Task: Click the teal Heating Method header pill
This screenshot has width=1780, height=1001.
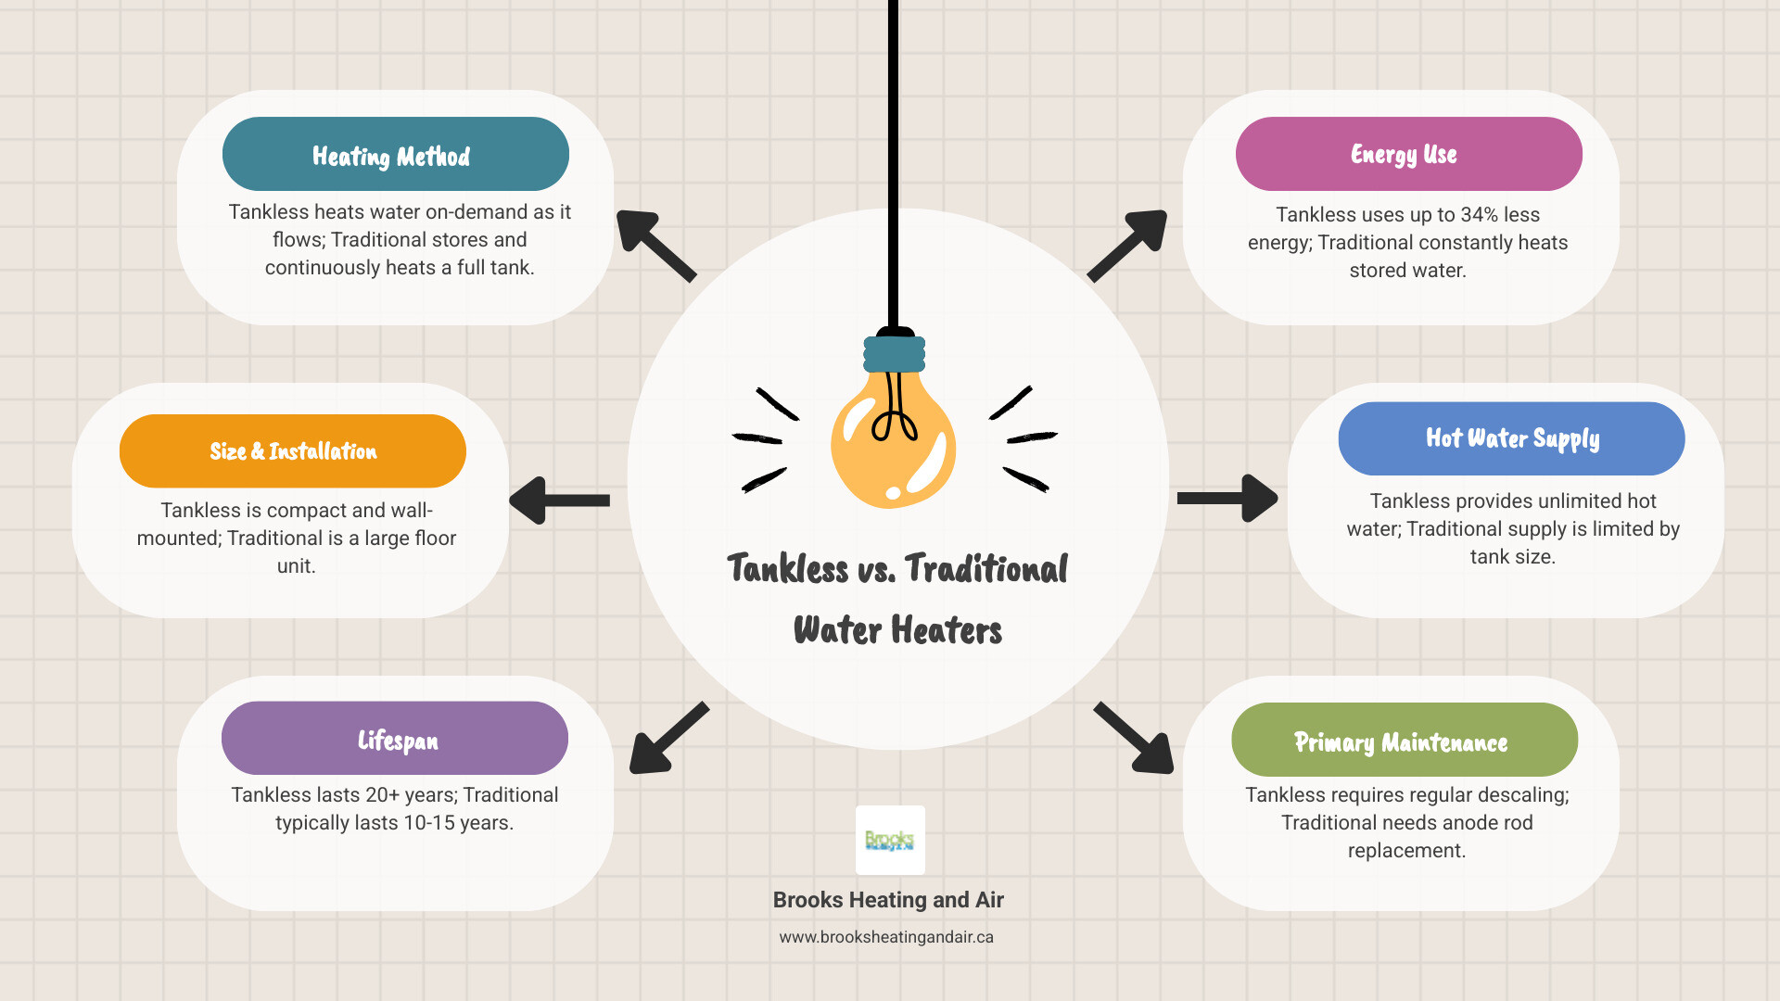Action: click(x=395, y=154)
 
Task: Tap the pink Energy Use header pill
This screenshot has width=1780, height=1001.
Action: click(x=1408, y=154)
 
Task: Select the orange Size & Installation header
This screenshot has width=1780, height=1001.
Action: click(x=292, y=451)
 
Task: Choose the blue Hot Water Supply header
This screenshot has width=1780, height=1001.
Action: click(x=1511, y=438)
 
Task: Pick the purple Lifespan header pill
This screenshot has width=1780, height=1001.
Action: click(x=394, y=739)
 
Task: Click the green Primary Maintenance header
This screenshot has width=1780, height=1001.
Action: click(x=1404, y=740)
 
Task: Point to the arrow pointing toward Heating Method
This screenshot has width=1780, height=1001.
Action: click(x=654, y=244)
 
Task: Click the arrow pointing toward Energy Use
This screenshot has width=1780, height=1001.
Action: click(x=1129, y=244)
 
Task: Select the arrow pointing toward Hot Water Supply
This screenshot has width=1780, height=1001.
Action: click(x=1227, y=499)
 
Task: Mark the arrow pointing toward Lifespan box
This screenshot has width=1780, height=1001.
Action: click(x=667, y=739)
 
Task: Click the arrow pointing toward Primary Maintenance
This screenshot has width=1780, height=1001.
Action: click(x=1136, y=739)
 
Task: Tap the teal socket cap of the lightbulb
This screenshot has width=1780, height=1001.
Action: click(x=894, y=353)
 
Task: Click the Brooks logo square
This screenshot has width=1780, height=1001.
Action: click(x=890, y=840)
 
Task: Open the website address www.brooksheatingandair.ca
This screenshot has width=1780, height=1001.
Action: click(x=886, y=937)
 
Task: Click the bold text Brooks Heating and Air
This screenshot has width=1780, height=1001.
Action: click(x=888, y=900)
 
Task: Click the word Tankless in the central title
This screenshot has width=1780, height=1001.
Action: click(x=787, y=569)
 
